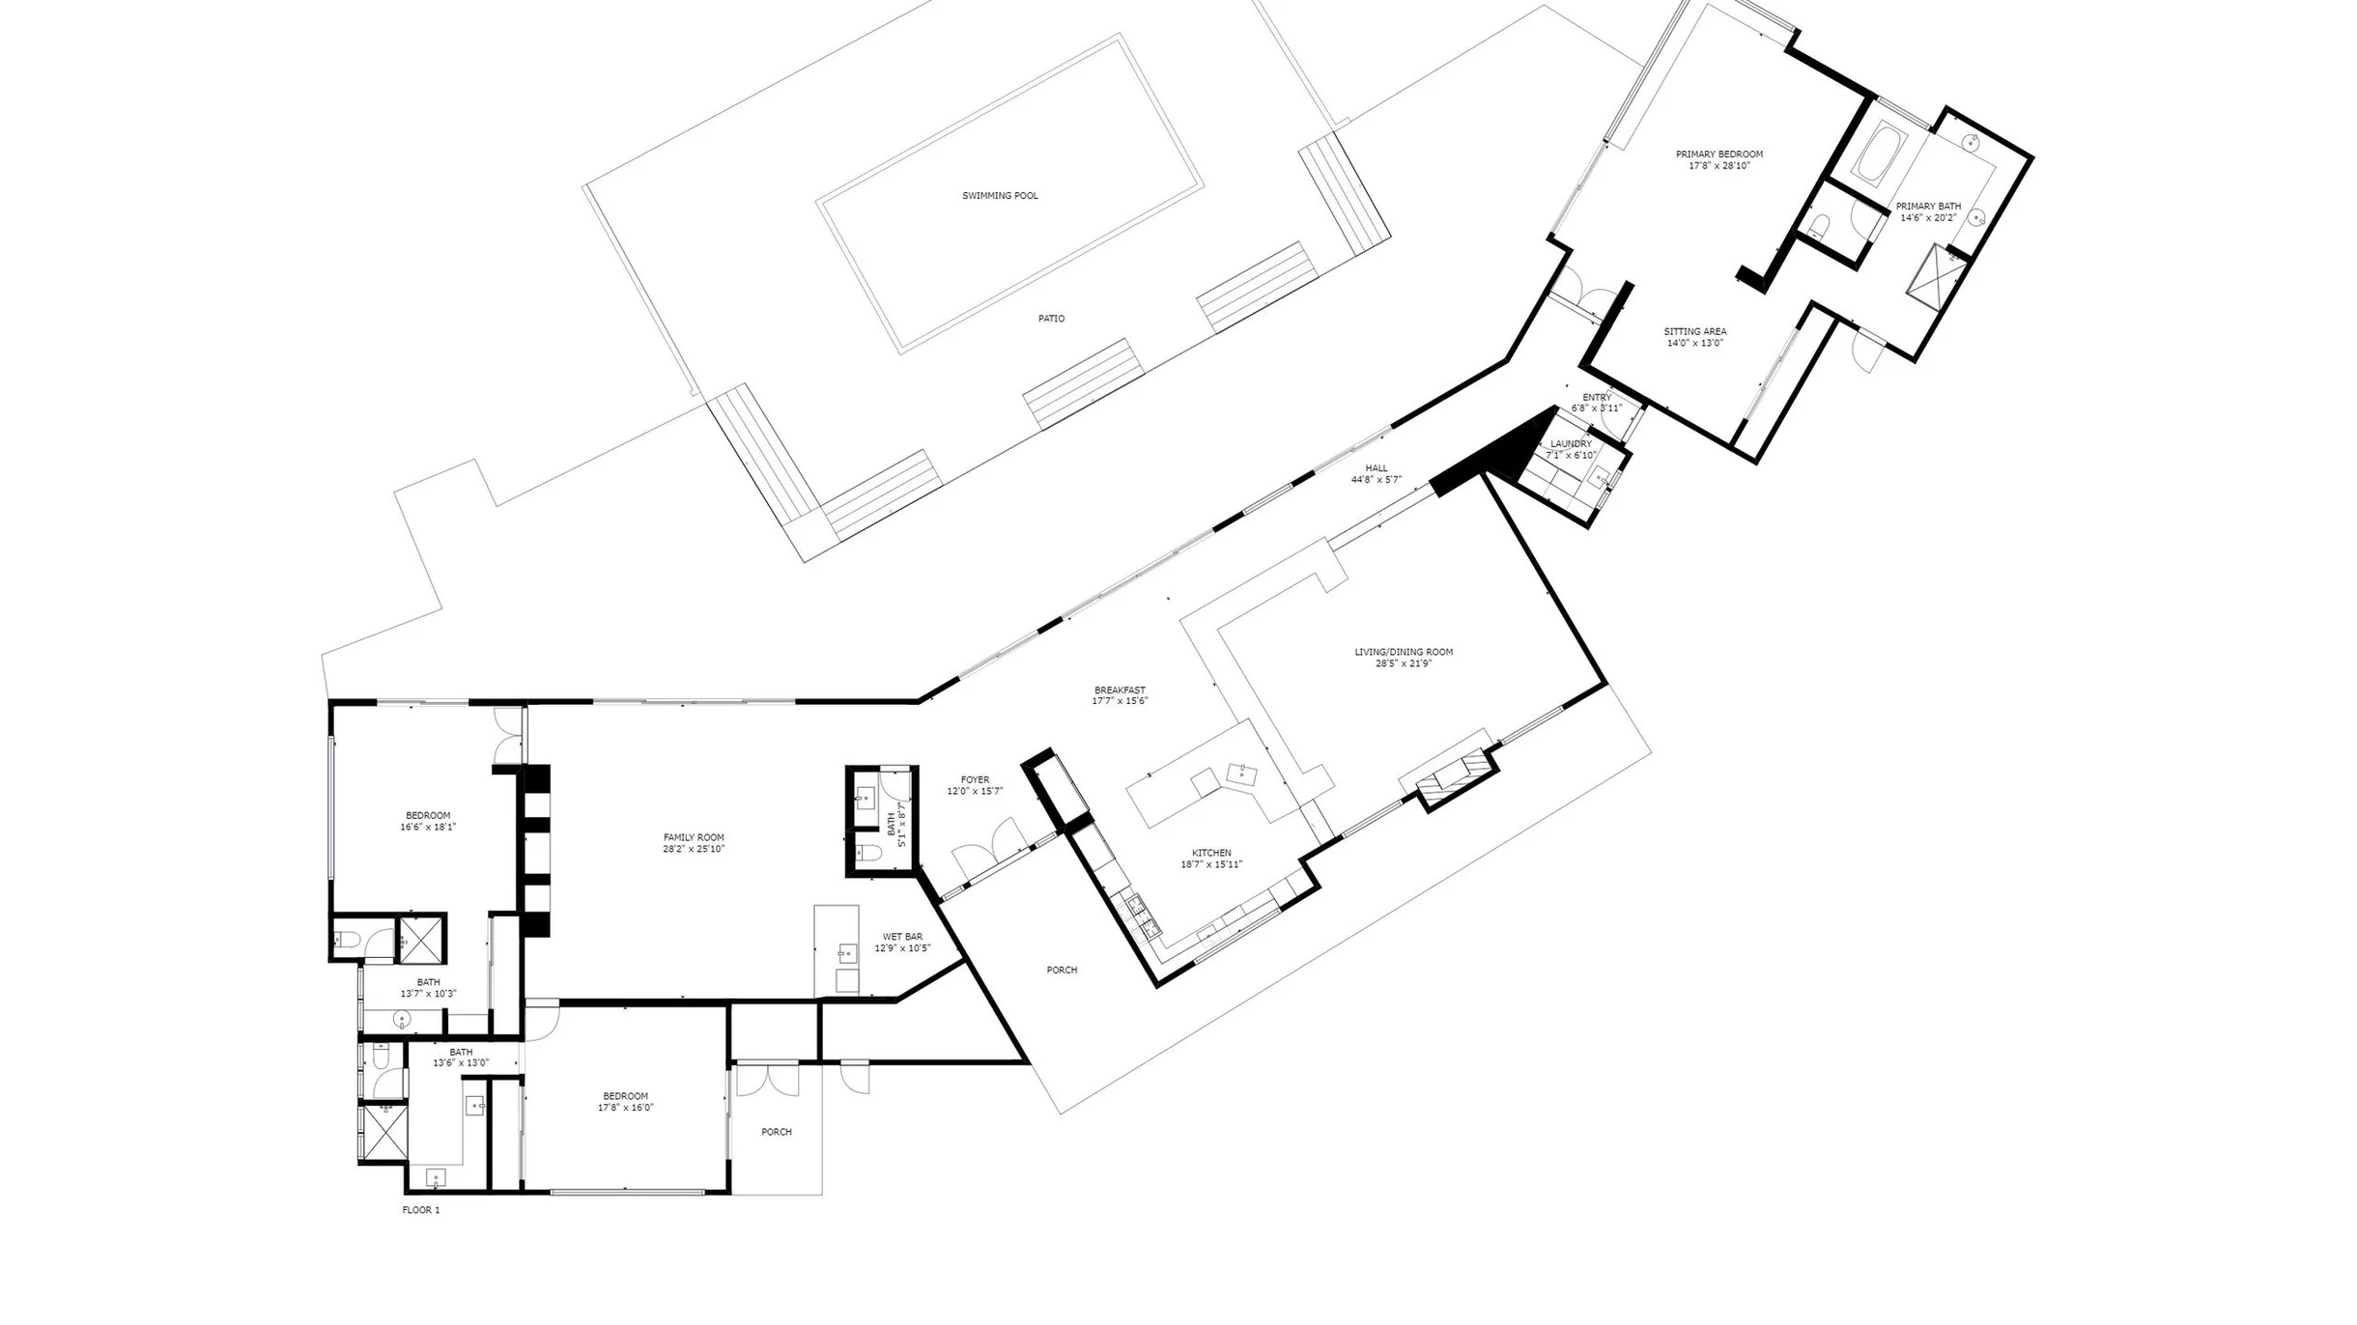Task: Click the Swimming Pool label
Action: tap(1000, 196)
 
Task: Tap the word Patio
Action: tap(1051, 319)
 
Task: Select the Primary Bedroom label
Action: tap(1719, 155)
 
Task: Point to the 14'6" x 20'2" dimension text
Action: tap(1928, 218)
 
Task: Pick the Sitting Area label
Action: tap(1695, 332)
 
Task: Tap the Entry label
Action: tap(1597, 398)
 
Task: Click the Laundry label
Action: tap(1571, 444)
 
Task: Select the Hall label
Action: tap(1377, 468)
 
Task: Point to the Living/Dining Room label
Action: tap(1404, 652)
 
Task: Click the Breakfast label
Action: tap(1120, 691)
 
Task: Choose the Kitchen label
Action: tap(1211, 853)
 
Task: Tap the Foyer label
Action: tap(975, 780)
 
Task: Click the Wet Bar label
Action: tap(902, 937)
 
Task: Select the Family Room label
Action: tap(694, 837)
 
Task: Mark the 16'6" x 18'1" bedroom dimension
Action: tap(428, 827)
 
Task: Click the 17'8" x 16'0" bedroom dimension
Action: tap(625, 1108)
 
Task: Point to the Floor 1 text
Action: tap(421, 1210)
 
